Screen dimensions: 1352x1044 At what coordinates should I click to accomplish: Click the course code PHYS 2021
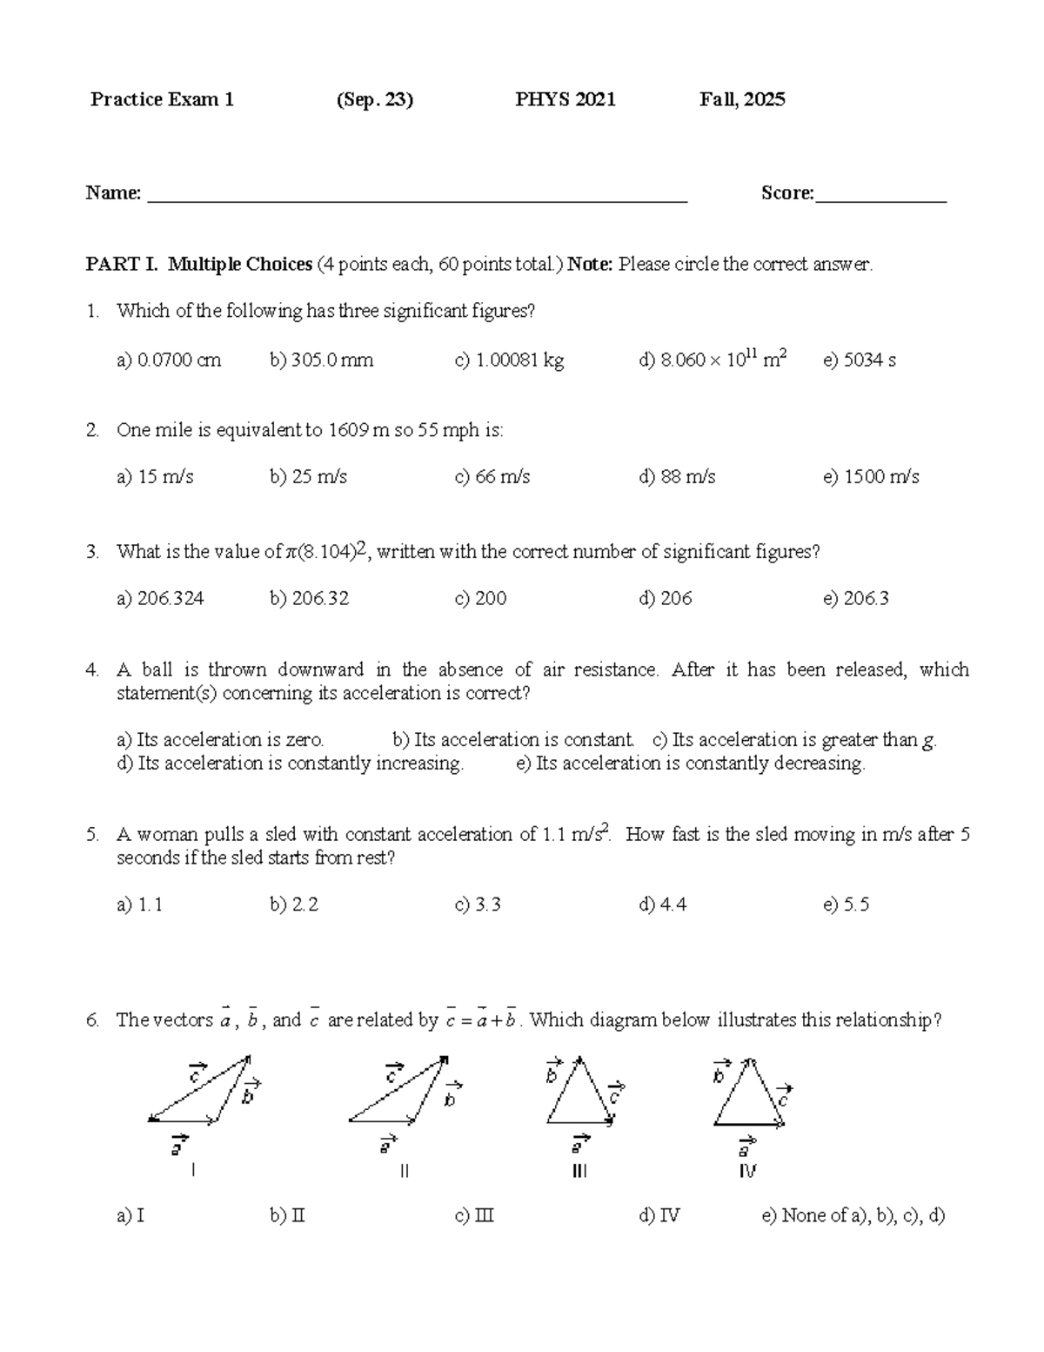565,99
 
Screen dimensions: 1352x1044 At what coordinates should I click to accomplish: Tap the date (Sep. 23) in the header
374,99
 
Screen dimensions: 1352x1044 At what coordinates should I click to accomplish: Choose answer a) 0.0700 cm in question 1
169,360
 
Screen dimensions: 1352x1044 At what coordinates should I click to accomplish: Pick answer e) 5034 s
859,360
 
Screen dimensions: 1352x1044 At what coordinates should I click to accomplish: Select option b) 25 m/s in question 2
308,477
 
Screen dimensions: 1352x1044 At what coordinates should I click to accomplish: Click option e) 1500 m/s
870,477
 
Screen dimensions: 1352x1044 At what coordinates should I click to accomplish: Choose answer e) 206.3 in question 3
855,599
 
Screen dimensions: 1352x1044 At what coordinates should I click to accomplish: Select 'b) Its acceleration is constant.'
513,740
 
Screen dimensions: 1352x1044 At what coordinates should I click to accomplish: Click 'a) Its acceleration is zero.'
220,740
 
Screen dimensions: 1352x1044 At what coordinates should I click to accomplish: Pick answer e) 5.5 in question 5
846,905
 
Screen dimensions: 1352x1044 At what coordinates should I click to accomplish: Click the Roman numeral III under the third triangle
579,1172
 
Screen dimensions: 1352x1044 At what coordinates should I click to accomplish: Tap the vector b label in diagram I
251,1093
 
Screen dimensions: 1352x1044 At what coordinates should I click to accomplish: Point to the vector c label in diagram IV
783,1096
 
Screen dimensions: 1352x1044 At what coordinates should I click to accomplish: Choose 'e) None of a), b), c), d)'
853,1216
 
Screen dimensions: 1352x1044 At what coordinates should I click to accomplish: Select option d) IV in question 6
659,1216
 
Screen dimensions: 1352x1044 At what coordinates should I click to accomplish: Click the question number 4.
92,670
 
